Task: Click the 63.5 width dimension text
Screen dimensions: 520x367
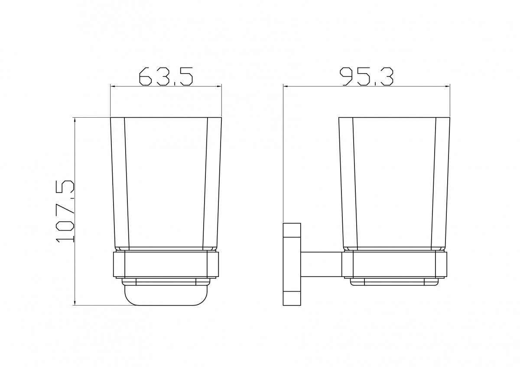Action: click(x=166, y=76)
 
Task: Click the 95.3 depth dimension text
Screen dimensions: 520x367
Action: click(x=367, y=76)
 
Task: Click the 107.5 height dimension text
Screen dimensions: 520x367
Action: click(x=65, y=212)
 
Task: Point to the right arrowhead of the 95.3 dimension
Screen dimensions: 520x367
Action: click(x=447, y=87)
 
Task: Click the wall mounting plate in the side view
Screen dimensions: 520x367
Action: click(x=292, y=264)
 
